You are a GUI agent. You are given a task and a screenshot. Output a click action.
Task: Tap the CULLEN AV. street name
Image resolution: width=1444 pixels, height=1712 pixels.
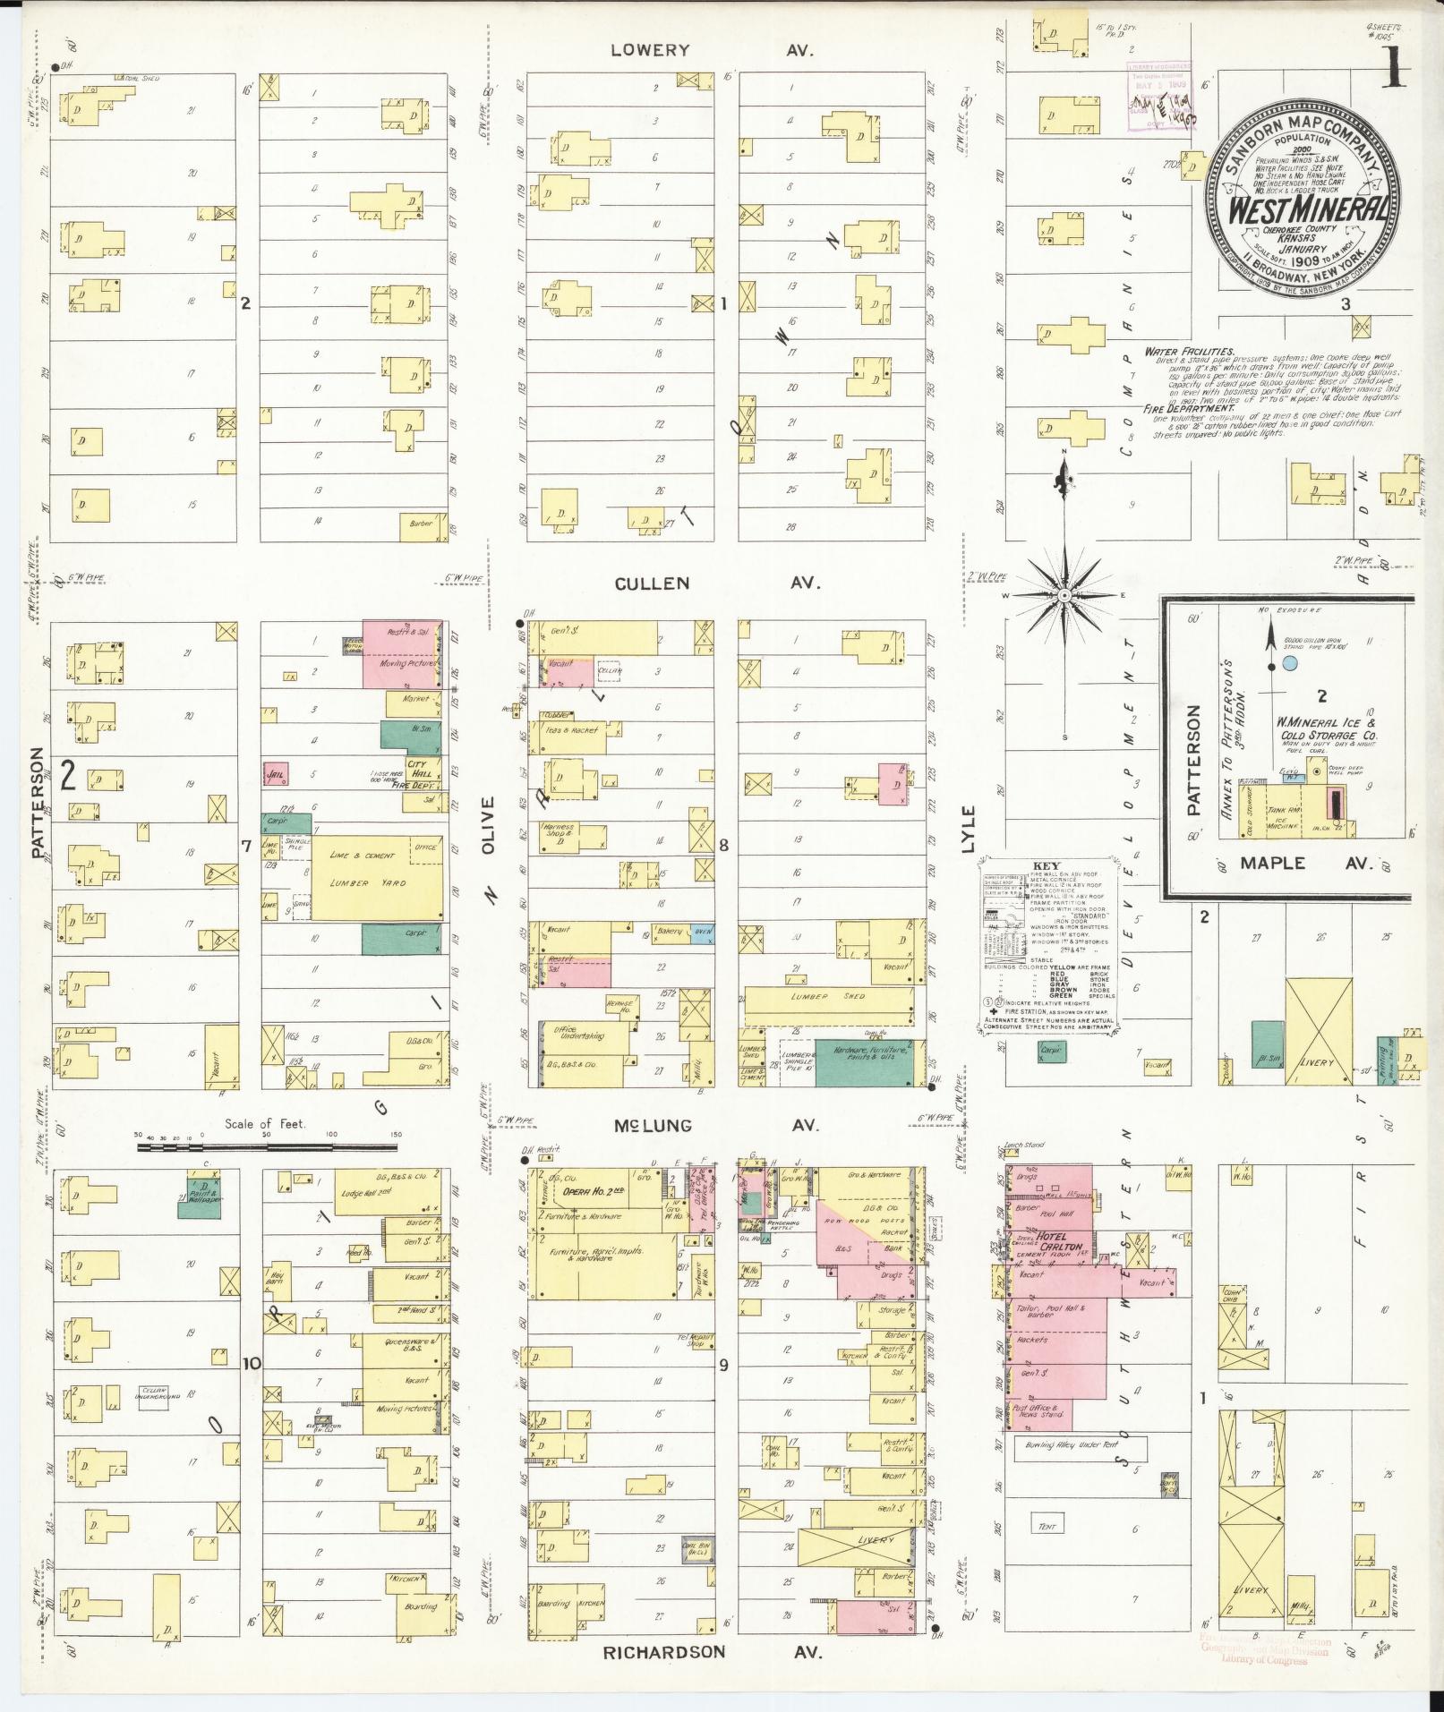coord(716,583)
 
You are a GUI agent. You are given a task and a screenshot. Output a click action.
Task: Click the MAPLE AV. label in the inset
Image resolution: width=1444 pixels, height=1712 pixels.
coord(1294,864)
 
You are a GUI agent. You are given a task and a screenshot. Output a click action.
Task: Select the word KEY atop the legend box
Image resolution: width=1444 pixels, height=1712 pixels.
coord(1046,866)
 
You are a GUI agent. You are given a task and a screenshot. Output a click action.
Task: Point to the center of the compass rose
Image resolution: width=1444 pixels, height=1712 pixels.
coord(1064,595)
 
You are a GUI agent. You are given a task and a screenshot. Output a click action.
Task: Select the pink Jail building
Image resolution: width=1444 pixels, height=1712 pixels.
coord(275,772)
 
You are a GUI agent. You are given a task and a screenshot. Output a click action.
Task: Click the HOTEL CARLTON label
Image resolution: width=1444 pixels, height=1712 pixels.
coord(1061,1247)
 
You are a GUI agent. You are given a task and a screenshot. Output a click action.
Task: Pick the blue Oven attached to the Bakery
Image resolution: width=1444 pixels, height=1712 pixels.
coord(703,931)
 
